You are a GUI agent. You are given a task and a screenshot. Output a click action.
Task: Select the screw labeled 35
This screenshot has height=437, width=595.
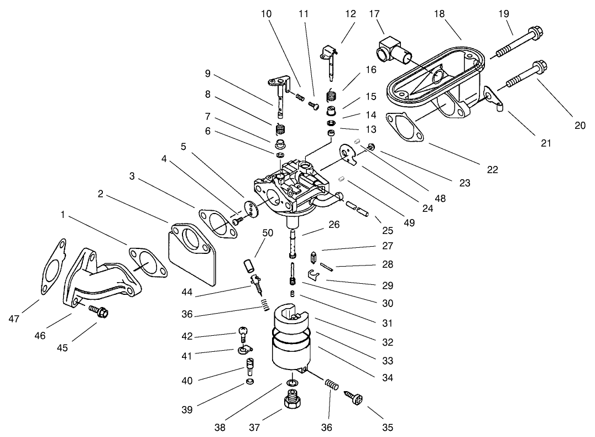coord(354,396)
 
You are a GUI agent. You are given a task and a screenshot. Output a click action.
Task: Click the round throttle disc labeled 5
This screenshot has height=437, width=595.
coord(252,207)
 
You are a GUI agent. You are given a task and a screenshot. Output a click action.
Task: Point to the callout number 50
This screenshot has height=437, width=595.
coord(268,233)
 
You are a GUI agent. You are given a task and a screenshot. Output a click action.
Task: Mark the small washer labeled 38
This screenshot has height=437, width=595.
coord(291,383)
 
